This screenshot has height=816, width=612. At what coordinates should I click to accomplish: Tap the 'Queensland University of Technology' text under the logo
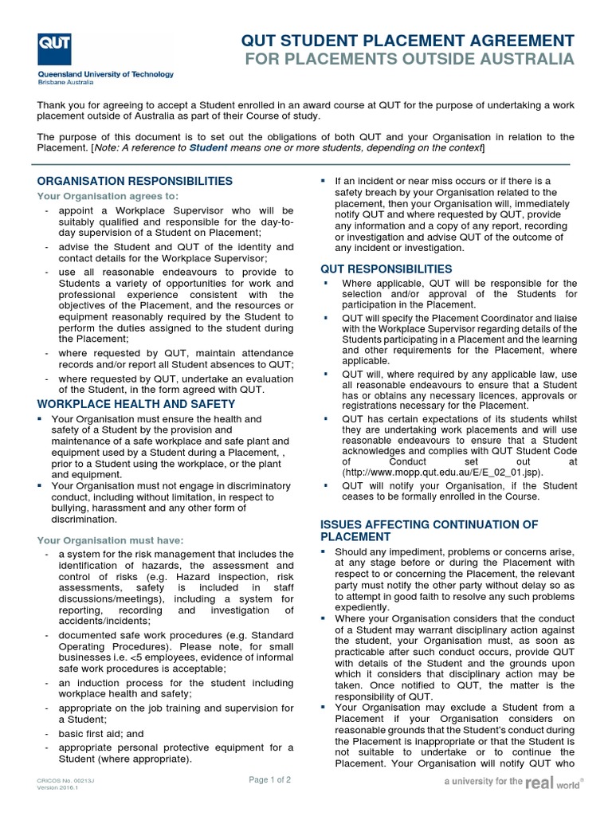click(x=105, y=74)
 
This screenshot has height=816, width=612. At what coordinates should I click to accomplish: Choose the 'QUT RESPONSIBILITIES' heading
click(x=386, y=269)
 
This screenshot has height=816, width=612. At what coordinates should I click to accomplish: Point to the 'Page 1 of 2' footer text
click(x=269, y=780)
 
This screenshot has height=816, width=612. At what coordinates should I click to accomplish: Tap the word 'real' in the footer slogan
click(x=539, y=783)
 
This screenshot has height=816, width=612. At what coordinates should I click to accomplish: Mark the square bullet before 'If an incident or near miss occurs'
click(x=324, y=182)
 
